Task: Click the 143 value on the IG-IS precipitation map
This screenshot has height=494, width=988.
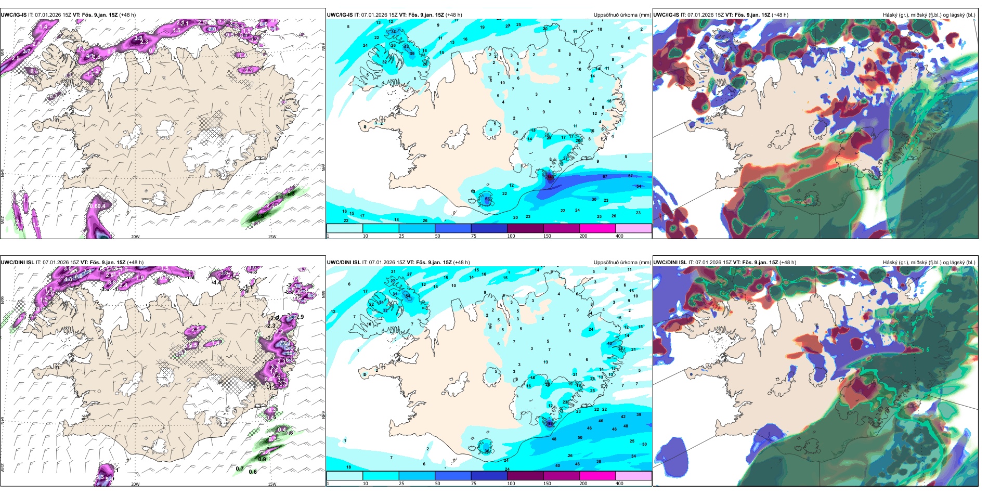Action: click(x=550, y=177)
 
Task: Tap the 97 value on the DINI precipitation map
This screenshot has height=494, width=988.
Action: click(x=550, y=423)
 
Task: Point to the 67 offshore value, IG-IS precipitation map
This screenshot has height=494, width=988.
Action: click(x=605, y=177)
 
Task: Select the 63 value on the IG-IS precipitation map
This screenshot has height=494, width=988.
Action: click(x=487, y=199)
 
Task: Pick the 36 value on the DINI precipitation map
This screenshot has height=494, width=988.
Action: click(x=487, y=451)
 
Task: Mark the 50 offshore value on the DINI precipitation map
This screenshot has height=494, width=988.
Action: click(x=580, y=438)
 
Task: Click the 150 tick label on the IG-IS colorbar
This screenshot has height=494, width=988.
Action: click(x=547, y=236)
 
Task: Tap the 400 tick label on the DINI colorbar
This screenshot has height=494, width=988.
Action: click(x=619, y=484)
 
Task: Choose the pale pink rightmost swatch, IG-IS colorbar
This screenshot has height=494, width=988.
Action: click(x=633, y=228)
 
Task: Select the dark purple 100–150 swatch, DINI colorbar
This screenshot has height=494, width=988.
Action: click(x=525, y=476)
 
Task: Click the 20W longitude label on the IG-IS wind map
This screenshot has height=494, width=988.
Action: click(x=135, y=237)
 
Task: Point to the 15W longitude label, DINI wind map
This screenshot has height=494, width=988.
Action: click(x=272, y=484)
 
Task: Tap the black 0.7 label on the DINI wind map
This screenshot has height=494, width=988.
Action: click(x=239, y=469)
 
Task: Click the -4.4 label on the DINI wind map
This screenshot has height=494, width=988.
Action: click(x=216, y=282)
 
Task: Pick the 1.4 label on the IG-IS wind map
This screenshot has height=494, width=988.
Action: click(x=43, y=27)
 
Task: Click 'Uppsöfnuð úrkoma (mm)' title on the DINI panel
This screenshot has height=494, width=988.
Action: click(x=622, y=263)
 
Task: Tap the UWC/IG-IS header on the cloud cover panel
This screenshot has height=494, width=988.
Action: click(x=666, y=15)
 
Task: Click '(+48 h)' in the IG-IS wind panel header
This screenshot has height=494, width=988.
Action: click(x=127, y=15)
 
